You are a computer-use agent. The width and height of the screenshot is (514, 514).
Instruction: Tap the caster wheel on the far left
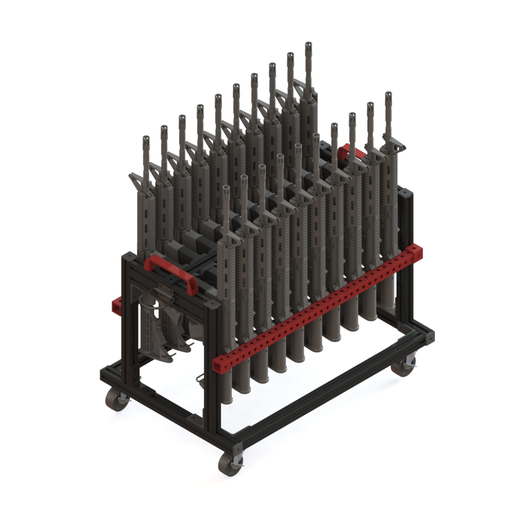point(115,400)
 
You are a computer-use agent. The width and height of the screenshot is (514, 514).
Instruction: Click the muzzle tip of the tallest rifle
point(308,46)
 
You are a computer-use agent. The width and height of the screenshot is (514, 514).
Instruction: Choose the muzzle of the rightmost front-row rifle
point(388,96)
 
